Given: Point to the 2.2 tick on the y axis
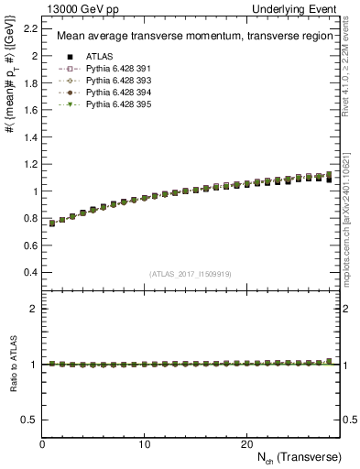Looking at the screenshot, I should (x=29, y=28).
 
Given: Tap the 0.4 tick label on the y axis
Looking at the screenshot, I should (x=29, y=273).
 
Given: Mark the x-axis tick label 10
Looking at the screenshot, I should (x=144, y=443).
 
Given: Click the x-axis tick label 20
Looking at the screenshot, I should (x=245, y=443).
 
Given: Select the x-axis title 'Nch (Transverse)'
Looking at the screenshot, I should (x=298, y=456).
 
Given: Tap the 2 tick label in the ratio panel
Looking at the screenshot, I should (x=33, y=309).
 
